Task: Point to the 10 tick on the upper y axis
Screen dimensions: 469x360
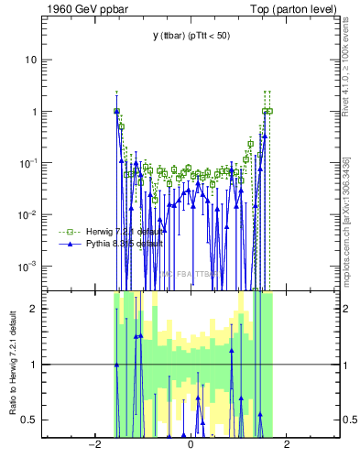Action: [x=31, y=60]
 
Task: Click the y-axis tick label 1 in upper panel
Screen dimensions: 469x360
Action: [x=34, y=112]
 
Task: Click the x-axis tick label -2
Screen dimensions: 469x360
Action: [x=93, y=445]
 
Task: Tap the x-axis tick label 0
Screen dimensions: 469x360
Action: [x=191, y=445]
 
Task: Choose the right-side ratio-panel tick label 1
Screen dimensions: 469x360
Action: [x=347, y=365]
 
